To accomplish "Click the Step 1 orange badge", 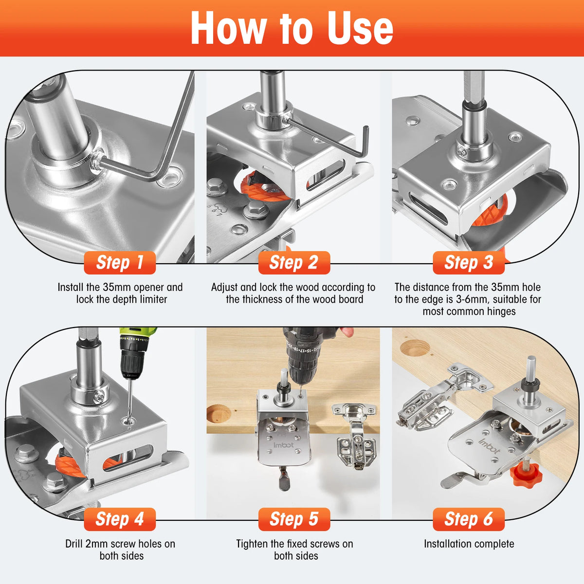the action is tap(120, 262).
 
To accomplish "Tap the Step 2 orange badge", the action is tap(294, 262).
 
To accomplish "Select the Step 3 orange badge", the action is tap(469, 262).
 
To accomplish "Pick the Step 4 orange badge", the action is tap(120, 519).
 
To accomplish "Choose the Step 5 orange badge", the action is tap(294, 519).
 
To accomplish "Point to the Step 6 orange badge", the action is tap(469, 519).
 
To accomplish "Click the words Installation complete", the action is tap(469, 544).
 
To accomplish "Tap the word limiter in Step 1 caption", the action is tap(153, 299).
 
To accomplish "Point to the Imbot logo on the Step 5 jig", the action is tap(284, 445).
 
